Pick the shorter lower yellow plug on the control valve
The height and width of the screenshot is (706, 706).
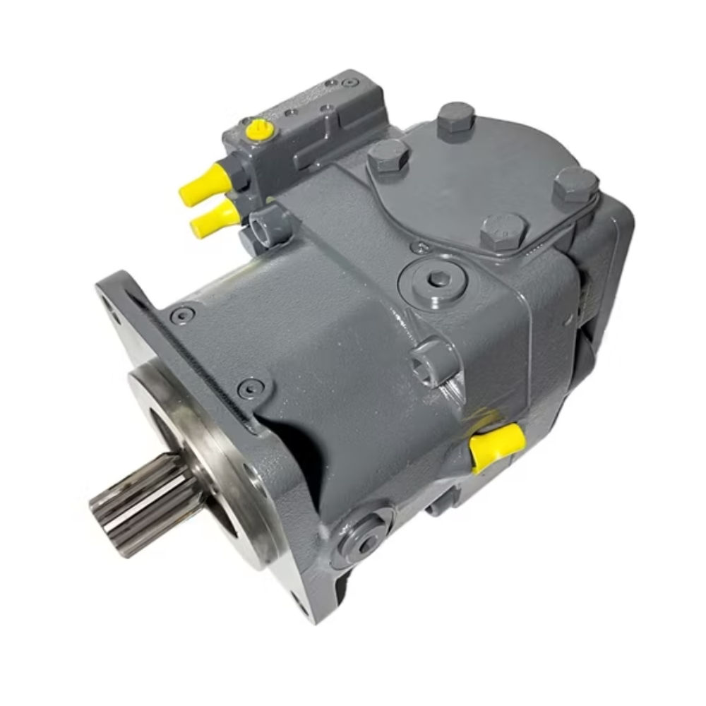214,218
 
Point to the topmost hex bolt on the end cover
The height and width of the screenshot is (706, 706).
455,120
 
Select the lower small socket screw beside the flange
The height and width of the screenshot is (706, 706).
251,387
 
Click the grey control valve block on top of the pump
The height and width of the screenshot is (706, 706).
311,134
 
